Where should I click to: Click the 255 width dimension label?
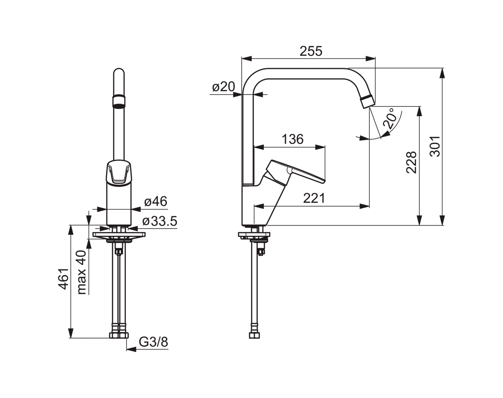coord(311,51)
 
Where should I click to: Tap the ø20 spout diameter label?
coord(224,87)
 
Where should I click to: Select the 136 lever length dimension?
coord(293,139)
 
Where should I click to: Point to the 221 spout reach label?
coord(314,198)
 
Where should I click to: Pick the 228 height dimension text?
coord(412,162)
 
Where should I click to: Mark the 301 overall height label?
coord(435,146)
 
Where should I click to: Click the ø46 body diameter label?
coord(156,201)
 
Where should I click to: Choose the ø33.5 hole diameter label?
coord(160,221)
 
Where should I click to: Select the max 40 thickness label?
coord(82,273)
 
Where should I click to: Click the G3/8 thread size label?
coord(154,342)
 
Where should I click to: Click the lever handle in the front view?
coord(119,173)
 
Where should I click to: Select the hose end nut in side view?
coord(254,335)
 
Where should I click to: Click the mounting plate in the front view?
coord(119,234)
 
